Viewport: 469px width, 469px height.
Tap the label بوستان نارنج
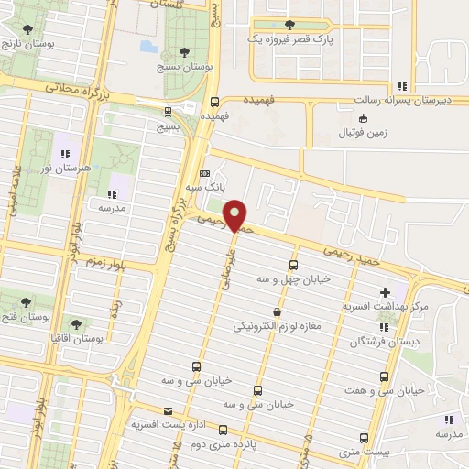(x=26, y=44)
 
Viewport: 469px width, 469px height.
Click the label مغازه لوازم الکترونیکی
(x=277, y=327)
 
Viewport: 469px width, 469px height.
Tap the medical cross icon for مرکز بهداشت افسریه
(x=385, y=292)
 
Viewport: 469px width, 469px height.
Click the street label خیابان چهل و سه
(x=294, y=279)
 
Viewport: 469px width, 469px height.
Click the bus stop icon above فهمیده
(x=214, y=103)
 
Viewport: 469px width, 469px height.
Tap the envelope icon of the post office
(x=167, y=411)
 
